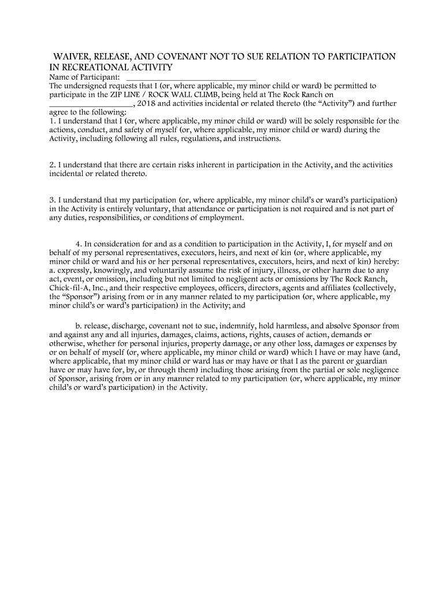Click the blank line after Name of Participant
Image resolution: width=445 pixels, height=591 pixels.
click(x=190, y=77)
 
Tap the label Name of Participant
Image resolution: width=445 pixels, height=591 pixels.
click(x=84, y=77)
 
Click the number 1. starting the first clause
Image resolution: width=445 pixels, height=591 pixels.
click(x=52, y=121)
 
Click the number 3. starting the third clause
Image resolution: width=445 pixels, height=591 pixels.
click(x=52, y=200)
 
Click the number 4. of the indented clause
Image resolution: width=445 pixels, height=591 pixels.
click(x=79, y=244)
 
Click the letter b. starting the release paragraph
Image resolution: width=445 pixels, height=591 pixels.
click(x=79, y=326)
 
